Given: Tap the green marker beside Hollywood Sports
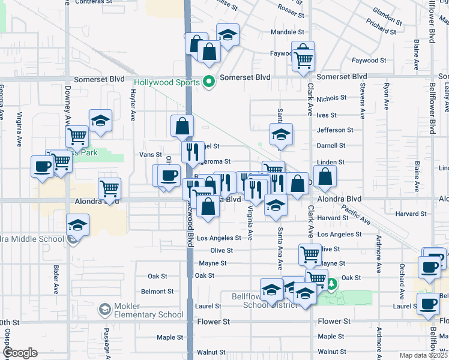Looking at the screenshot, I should click(x=209, y=82).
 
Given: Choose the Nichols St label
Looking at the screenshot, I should click(x=331, y=98).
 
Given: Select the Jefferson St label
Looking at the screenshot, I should click(x=331, y=130).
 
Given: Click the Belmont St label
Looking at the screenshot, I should click(x=157, y=291).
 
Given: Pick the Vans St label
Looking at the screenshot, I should click(x=151, y=155).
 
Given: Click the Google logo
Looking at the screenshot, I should click(x=20, y=353).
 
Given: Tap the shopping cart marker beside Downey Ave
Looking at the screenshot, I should click(x=77, y=136).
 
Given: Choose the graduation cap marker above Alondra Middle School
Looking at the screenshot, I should click(x=77, y=224).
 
